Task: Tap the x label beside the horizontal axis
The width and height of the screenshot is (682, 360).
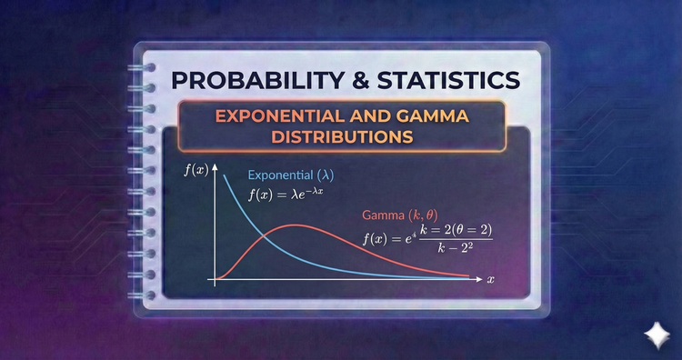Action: [490, 278]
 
